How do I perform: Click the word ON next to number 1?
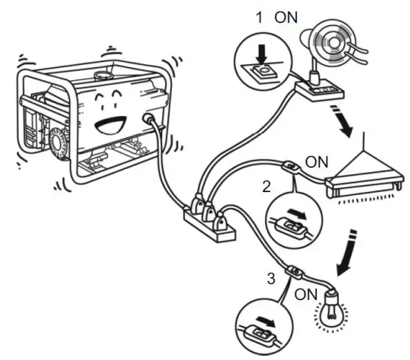285,17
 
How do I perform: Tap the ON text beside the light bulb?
305,294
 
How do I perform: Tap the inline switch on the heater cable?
291,167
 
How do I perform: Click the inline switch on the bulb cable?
295,271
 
